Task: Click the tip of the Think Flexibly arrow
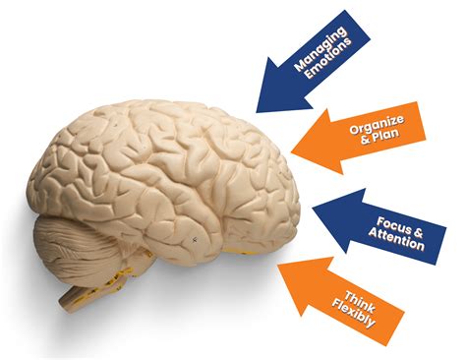(x=281, y=265)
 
